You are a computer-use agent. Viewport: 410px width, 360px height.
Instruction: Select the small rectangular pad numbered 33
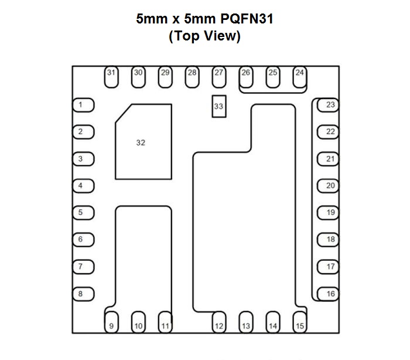(x=218, y=106)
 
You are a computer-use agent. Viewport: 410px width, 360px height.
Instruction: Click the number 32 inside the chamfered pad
(x=141, y=142)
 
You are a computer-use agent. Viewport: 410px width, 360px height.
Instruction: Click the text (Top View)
(x=204, y=36)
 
